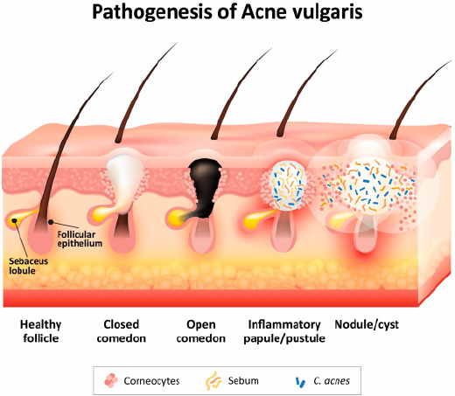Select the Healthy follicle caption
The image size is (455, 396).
(41, 331)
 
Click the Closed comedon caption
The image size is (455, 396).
(122, 331)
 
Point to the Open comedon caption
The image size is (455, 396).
(201, 331)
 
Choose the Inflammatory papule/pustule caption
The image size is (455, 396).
(284, 331)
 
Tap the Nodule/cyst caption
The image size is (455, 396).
(367, 324)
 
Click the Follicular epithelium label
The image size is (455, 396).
(80, 239)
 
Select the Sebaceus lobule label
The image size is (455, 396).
(28, 266)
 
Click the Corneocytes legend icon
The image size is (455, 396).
(111, 381)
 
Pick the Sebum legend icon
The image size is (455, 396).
(213, 380)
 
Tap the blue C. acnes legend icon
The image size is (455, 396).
(300, 382)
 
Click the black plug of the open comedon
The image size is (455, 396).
(205, 186)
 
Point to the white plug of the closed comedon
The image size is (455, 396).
(124, 183)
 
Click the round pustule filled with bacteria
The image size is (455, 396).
(288, 185)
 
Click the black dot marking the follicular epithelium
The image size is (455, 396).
(51, 222)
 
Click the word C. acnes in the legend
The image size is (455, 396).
(332, 381)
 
